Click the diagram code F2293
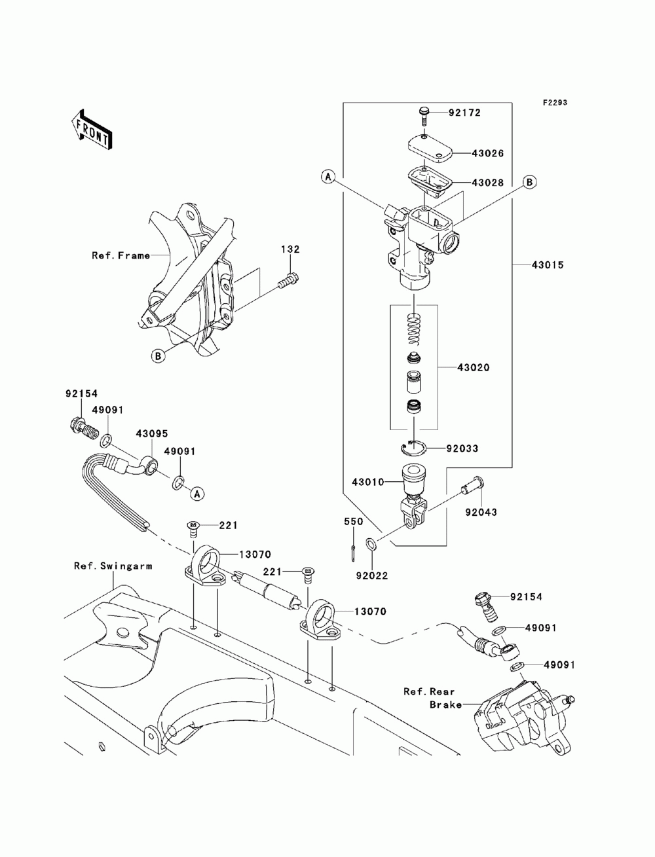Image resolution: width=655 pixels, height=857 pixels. click(x=553, y=103)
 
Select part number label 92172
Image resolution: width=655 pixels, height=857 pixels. click(x=464, y=113)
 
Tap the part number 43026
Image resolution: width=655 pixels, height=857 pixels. click(x=488, y=154)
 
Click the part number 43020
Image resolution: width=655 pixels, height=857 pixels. click(x=474, y=368)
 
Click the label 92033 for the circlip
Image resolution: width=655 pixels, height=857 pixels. click(x=462, y=449)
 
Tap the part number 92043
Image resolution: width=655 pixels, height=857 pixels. click(x=481, y=513)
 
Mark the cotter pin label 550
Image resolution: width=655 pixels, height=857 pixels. click(x=353, y=522)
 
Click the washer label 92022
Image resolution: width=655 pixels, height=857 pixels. click(x=372, y=576)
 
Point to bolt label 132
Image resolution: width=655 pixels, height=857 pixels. click(x=291, y=249)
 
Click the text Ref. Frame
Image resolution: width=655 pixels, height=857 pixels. click(x=121, y=255)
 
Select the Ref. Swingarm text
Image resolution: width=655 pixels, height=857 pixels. click(x=113, y=566)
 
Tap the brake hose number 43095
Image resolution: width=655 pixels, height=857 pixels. click(x=152, y=434)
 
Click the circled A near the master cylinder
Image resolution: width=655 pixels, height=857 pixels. click(x=329, y=176)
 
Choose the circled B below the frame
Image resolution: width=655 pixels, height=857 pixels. click(x=157, y=356)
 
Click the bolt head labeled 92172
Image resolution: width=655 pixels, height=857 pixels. click(x=422, y=112)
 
